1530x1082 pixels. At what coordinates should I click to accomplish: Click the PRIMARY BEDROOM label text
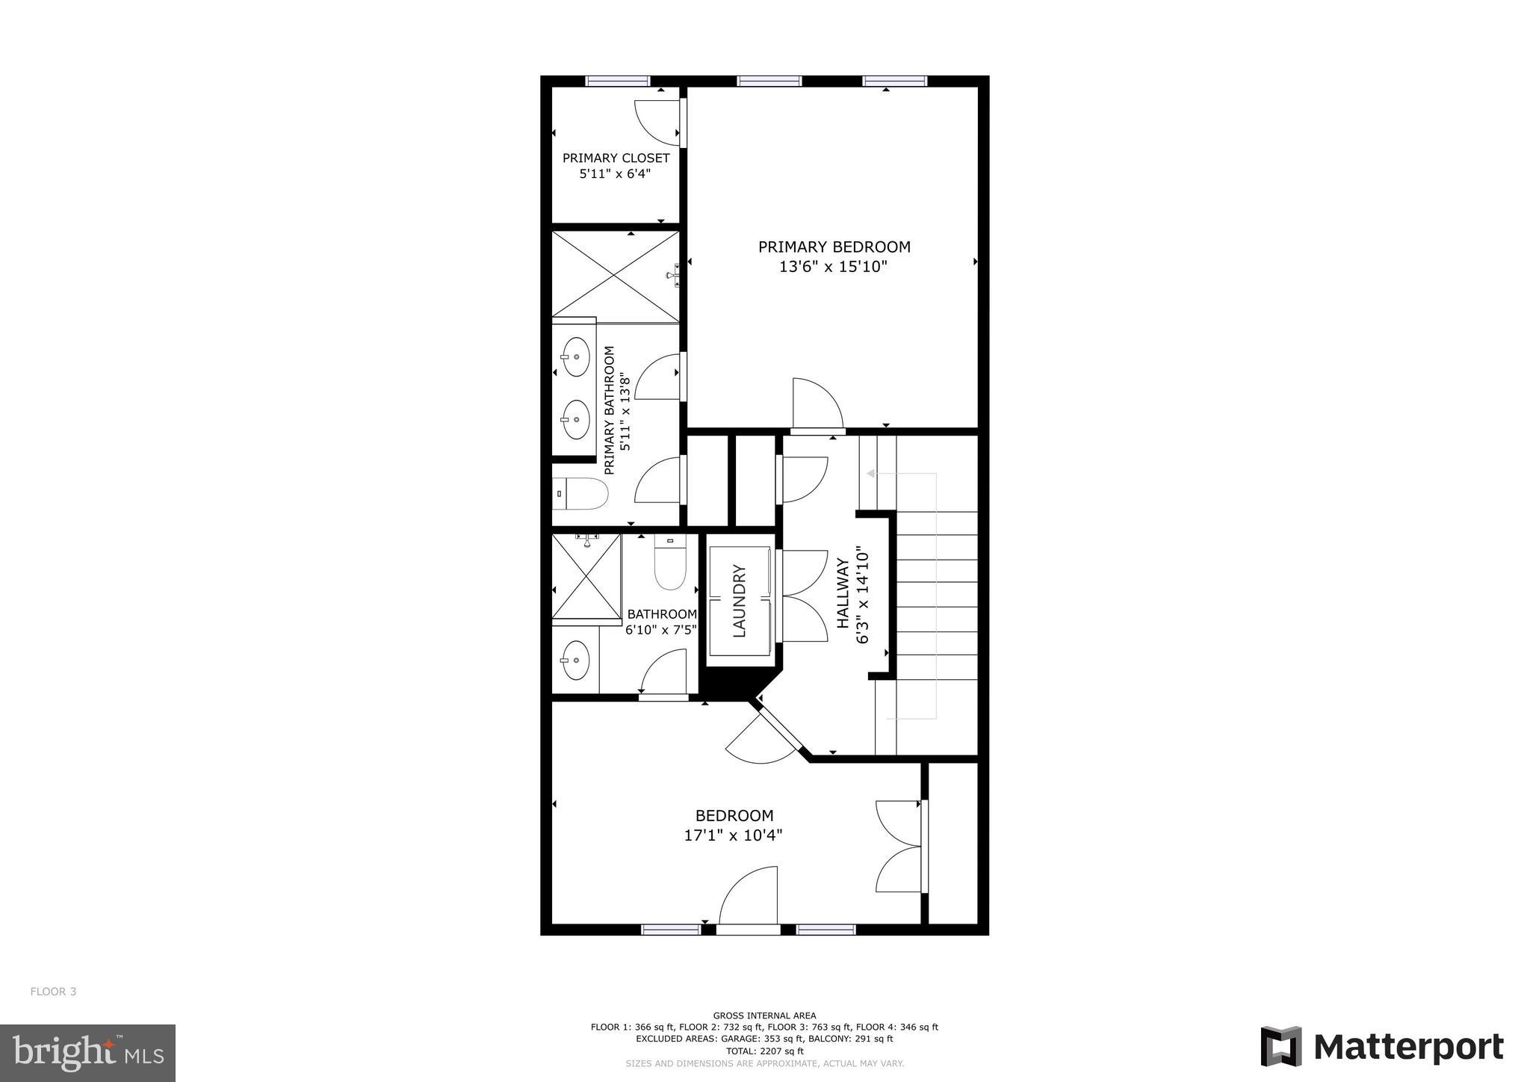834,247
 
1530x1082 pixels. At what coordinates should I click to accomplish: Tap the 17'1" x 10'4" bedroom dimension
733,835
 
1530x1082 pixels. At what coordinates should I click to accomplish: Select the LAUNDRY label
740,602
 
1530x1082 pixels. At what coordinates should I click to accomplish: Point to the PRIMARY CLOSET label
616,158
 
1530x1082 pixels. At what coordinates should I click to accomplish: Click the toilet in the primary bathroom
583,493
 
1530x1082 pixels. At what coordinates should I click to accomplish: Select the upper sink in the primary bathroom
575,356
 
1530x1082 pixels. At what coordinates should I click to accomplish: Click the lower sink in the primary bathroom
575,419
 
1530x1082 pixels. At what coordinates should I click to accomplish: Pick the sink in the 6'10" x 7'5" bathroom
575,661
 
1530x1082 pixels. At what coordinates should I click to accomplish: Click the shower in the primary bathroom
616,277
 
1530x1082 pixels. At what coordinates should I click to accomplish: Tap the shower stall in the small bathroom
586,577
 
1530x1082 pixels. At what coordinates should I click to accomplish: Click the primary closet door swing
657,122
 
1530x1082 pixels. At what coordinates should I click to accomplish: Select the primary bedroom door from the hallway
817,406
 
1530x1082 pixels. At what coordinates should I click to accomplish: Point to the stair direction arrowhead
871,474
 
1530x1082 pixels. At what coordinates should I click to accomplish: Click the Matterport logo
1382,1047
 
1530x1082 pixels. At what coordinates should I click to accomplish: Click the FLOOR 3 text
53,992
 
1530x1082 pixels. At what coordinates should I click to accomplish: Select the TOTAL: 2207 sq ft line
764,1051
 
